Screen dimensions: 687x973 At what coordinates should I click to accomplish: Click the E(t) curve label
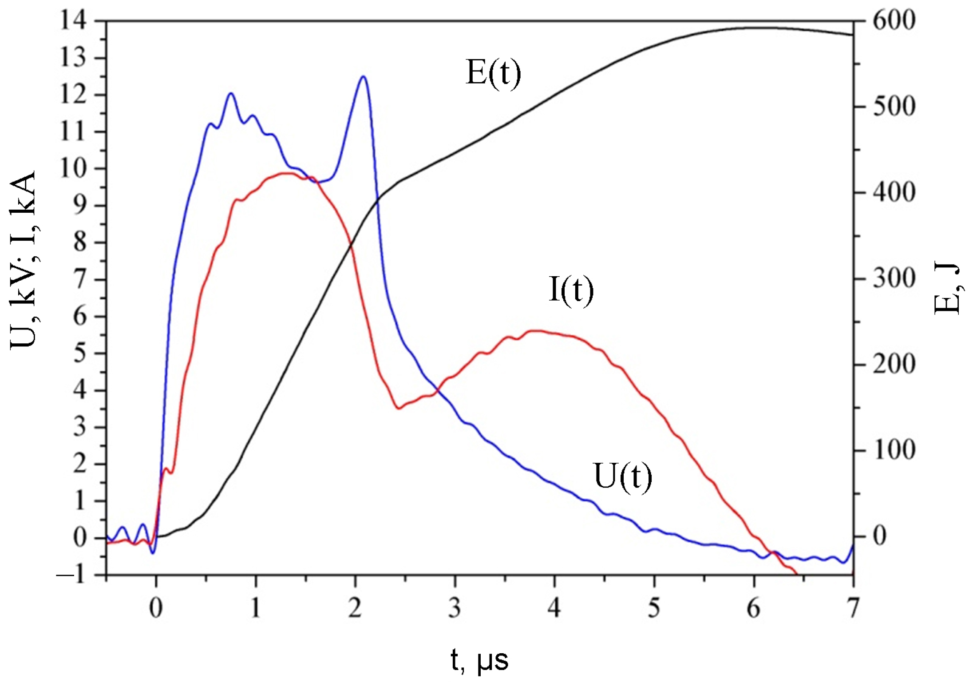(493, 73)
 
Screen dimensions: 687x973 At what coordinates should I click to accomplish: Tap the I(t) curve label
(571, 290)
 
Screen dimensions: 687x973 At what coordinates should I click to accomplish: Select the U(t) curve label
(623, 477)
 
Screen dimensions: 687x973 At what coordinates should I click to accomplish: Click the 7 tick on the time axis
(853, 608)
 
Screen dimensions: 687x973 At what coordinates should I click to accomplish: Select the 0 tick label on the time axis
(156, 608)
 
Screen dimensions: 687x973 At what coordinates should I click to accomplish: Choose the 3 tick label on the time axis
(455, 608)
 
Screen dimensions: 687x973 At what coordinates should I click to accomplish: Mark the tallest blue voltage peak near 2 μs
(364, 76)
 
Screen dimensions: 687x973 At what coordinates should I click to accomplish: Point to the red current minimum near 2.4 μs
(399, 408)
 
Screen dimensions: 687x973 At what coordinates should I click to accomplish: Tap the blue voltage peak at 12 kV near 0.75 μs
(230, 93)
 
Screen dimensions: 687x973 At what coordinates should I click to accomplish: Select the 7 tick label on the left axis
(80, 280)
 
